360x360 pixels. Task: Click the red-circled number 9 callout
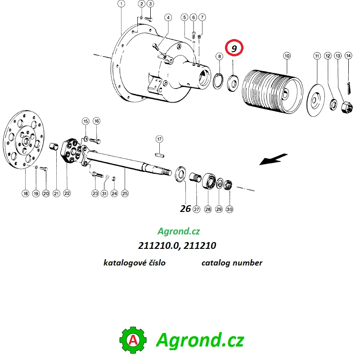234,48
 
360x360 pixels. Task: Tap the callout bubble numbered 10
287,56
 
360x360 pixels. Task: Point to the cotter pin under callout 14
349,87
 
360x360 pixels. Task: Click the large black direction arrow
273,159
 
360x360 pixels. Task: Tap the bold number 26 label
185,208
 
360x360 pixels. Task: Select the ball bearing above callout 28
209,181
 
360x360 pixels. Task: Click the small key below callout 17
159,155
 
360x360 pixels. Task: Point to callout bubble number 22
67,193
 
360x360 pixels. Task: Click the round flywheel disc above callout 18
24,139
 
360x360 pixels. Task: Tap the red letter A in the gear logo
133,340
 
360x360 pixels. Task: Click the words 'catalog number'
232,263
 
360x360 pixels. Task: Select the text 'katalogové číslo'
134,263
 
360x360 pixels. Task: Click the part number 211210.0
158,245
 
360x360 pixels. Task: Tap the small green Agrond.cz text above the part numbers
179,231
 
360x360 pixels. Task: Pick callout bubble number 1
121,4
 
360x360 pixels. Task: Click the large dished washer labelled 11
316,100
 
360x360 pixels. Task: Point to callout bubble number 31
104,193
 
